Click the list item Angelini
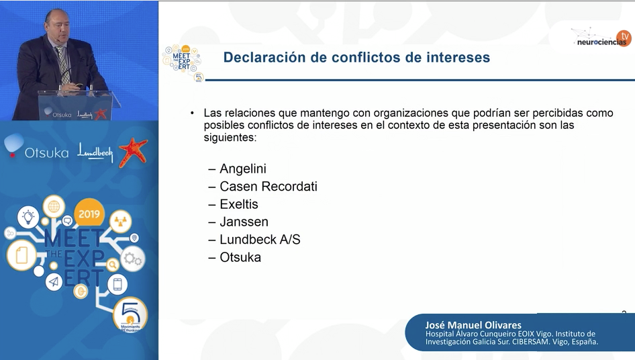tap(242, 169)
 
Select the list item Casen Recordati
tap(268, 187)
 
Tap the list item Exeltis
tap(238, 204)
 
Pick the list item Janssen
tap(244, 222)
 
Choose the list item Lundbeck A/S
tap(260, 240)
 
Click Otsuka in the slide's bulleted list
tap(240, 257)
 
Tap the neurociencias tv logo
tap(602, 38)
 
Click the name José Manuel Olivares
tap(473, 325)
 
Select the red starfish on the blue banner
tap(133, 152)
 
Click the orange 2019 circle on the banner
tap(89, 214)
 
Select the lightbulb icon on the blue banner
tap(28, 217)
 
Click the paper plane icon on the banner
tap(54, 281)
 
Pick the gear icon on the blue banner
tap(132, 259)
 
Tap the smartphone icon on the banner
tap(117, 284)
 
